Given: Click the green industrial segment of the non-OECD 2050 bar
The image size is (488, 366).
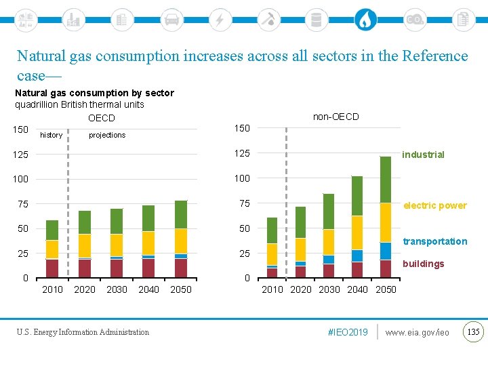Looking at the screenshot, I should pyautogui.click(x=386, y=180).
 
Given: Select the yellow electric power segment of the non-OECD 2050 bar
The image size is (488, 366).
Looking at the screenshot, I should pyautogui.click(x=386, y=222).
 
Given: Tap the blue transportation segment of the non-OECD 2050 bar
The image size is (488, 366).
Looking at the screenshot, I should pyautogui.click(x=386, y=251).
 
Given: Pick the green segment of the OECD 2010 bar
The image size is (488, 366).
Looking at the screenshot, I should pyautogui.click(x=52, y=230).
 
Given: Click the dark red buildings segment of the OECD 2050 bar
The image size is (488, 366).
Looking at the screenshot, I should pyautogui.click(x=181, y=268).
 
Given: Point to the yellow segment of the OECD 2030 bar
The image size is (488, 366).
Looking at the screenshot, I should pyautogui.click(x=117, y=245).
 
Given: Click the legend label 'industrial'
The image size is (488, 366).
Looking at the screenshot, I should pyautogui.click(x=423, y=155).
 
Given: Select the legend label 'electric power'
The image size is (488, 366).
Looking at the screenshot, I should pyautogui.click(x=434, y=205).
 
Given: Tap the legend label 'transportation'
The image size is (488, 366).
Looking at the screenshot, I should pyautogui.click(x=434, y=241).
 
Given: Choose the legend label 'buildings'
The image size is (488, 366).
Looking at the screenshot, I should pyautogui.click(x=423, y=264).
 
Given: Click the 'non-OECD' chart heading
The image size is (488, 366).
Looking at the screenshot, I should pyautogui.click(x=335, y=117).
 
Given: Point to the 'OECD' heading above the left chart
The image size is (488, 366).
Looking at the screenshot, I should pyautogui.click(x=101, y=119).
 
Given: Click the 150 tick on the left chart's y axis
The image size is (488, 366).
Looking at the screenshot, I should pyautogui.click(x=20, y=129).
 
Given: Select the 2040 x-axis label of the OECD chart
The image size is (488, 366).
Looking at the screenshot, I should pyautogui.click(x=148, y=289).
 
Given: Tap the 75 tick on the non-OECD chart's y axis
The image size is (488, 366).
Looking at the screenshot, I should pyautogui.click(x=243, y=203).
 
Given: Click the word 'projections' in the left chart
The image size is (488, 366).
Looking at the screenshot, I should pyautogui.click(x=107, y=135).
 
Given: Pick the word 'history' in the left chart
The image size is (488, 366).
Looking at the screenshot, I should pyautogui.click(x=52, y=135).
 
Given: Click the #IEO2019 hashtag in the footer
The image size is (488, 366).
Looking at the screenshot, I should pyautogui.click(x=347, y=332).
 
